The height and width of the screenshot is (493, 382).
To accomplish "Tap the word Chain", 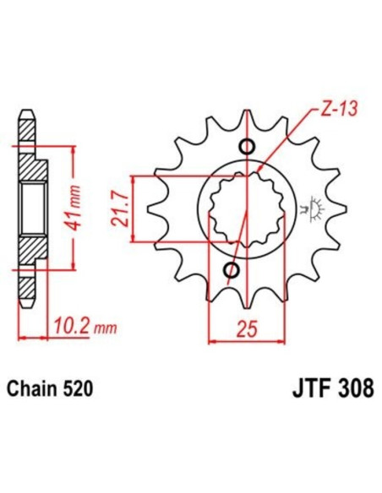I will click(x=31, y=390).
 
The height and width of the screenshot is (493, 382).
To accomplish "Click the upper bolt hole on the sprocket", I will click(x=246, y=148).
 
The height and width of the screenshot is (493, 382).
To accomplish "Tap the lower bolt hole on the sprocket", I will click(x=231, y=270).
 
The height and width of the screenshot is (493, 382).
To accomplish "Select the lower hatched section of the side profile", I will click(x=30, y=253).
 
